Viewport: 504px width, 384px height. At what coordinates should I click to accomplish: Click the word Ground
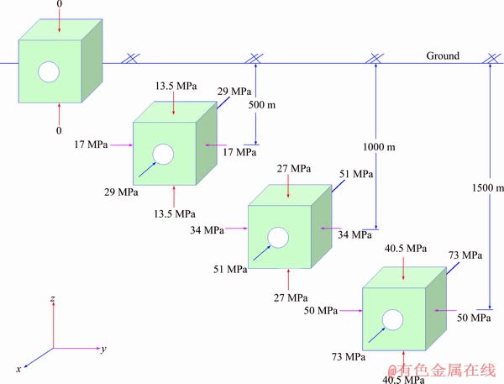coord(443,55)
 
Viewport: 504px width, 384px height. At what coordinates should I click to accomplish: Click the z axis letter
coord(53,299)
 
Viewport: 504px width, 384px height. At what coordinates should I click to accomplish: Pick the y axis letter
coord(102,348)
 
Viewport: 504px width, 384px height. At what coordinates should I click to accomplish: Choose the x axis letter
coord(18,369)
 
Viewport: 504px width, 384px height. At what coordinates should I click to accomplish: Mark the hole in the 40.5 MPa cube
coord(391,320)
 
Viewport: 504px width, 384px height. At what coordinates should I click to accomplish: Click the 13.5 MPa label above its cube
coord(175,86)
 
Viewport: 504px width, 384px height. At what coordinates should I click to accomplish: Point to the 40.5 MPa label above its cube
coord(406,248)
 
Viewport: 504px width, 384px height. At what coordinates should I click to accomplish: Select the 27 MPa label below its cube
coord(291,297)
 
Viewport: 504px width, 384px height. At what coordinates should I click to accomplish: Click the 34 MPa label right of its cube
coord(354,235)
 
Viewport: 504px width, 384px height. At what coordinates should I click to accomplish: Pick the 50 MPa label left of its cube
coord(322,311)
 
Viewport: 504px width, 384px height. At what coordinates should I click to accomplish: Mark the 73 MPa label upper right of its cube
coord(465,255)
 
